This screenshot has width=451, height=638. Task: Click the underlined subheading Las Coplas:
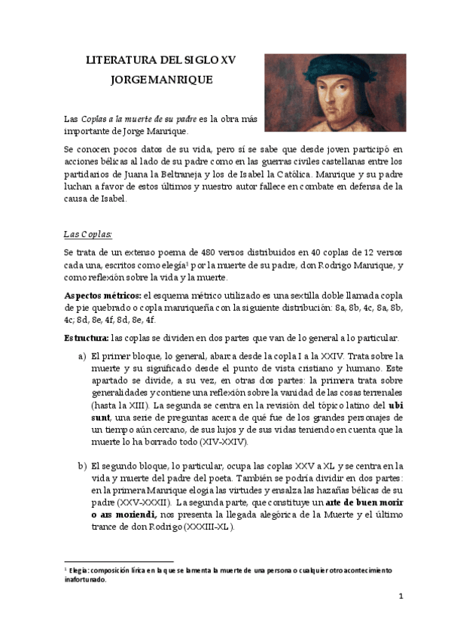pyautogui.click(x=87, y=234)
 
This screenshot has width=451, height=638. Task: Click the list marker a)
pyautogui.click(x=82, y=355)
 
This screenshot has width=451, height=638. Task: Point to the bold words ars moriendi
pyautogui.click(x=123, y=513)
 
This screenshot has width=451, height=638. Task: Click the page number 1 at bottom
pyautogui.click(x=401, y=597)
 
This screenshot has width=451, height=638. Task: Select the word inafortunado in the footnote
pyautogui.click(x=85, y=580)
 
